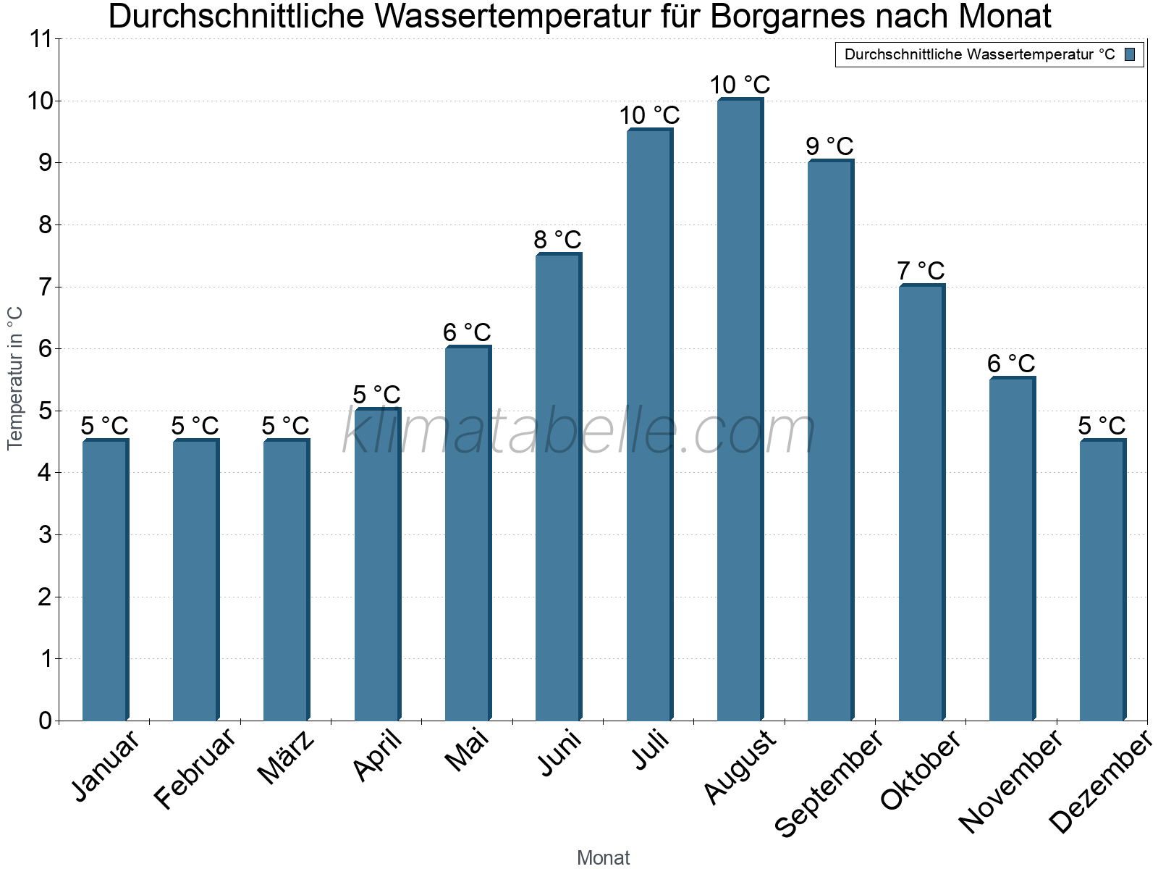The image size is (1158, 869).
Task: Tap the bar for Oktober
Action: (921, 503)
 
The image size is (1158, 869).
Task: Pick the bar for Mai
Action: (468, 534)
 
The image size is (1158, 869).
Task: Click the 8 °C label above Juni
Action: (557, 240)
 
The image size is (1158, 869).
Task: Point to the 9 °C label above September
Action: (829, 146)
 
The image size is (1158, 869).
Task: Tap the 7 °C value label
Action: (921, 271)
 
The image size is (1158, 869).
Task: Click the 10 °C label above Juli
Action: (649, 115)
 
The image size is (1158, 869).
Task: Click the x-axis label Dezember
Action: (1101, 782)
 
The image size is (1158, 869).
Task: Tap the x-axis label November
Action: (1011, 782)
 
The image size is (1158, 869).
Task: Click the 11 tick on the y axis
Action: (41, 39)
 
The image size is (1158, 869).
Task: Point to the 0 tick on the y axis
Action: (46, 721)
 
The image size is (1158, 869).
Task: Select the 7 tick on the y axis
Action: (46, 287)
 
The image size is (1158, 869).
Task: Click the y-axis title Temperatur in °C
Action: (15, 378)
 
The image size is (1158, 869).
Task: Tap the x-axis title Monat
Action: (603, 857)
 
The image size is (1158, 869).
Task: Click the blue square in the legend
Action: (1130, 54)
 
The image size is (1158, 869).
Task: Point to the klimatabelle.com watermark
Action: (579, 432)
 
